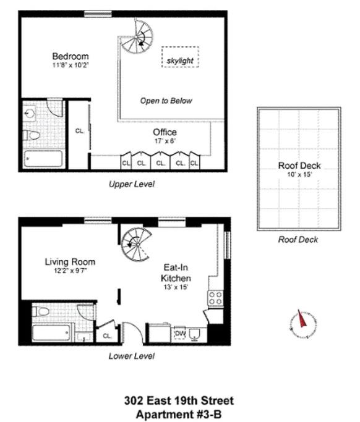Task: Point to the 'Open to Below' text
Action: tap(166, 101)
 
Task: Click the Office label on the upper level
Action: tap(165, 132)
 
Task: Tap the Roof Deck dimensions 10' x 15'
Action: tap(299, 175)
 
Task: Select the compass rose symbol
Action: tap(303, 323)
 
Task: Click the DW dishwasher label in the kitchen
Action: tap(181, 334)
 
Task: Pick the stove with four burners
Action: tap(215, 298)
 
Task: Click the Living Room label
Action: tap(70, 262)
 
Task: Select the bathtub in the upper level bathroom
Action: tap(44, 158)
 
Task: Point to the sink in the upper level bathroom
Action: tap(32, 113)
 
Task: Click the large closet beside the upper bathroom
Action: tap(79, 132)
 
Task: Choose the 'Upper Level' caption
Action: tap(131, 184)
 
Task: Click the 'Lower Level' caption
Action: tap(131, 356)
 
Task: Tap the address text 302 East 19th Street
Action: tap(179, 401)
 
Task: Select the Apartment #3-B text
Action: tap(179, 413)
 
